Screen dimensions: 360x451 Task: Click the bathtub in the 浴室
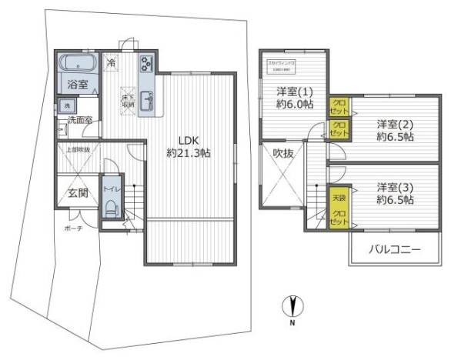76,62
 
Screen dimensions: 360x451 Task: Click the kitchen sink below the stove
147,98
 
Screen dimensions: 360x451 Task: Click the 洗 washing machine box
67,104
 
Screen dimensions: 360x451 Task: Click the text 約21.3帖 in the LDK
189,153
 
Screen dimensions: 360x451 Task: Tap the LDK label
189,140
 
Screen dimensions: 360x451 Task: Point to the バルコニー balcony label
394,250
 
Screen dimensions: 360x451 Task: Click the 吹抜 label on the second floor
283,152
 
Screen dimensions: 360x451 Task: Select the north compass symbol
293,308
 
